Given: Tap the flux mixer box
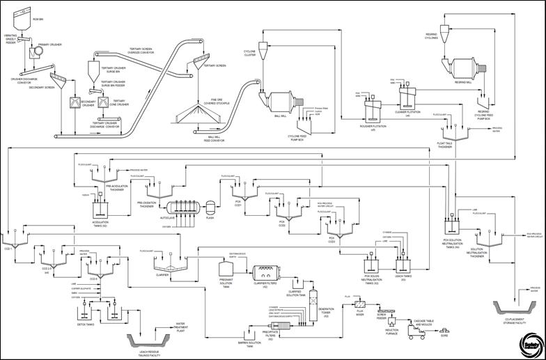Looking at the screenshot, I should (x=360, y=304).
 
